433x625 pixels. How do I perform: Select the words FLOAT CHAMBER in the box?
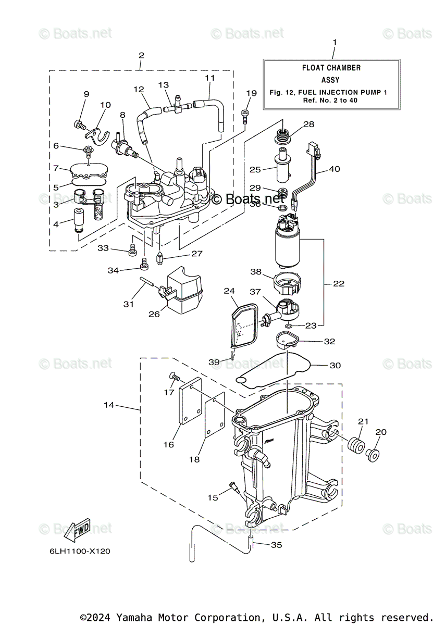tap(331, 68)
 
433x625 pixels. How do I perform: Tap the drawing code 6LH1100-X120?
tap(80, 551)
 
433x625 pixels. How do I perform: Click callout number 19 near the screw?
tap(251, 93)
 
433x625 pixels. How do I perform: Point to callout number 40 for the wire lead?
tap(335, 169)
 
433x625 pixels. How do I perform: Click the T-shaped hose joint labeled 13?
tap(178, 106)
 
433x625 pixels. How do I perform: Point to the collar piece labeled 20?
tap(373, 455)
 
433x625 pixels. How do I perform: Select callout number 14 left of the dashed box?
tap(109, 405)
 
